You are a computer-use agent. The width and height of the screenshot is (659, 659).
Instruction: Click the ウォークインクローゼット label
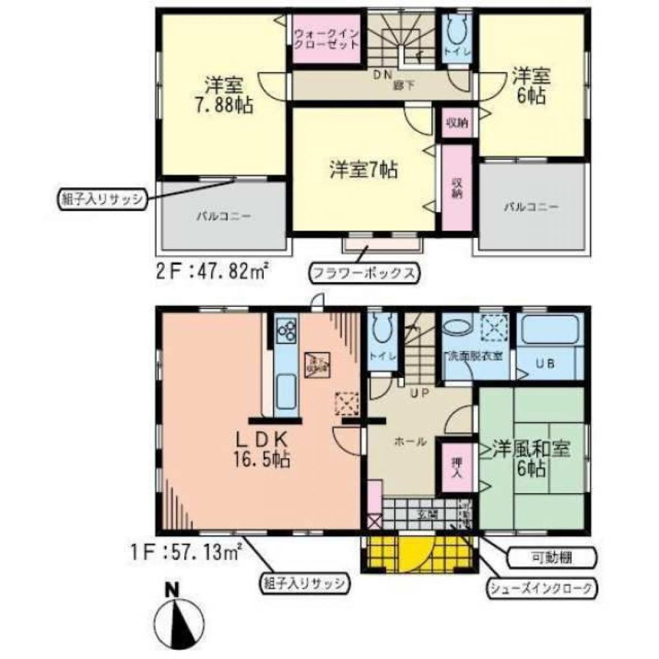point(326,39)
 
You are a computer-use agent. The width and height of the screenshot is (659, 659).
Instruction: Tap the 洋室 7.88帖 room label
point(224,96)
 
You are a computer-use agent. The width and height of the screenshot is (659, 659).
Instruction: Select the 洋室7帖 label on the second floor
point(362,171)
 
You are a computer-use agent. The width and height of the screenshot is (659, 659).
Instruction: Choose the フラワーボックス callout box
point(364,273)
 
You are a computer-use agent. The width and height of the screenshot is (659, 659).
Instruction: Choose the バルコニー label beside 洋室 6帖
point(532,207)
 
